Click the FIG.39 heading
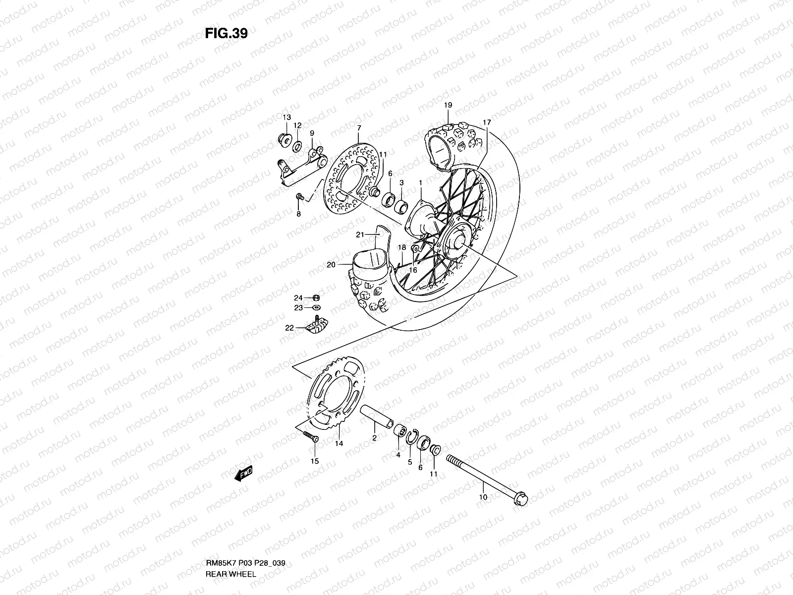tap(226, 33)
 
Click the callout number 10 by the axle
tap(483, 496)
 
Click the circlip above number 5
tap(410, 436)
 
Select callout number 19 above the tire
tap(448, 105)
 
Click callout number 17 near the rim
tap(487, 122)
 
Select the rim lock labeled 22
tap(317, 326)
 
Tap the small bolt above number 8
tap(300, 197)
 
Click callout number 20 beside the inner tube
tap(331, 265)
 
